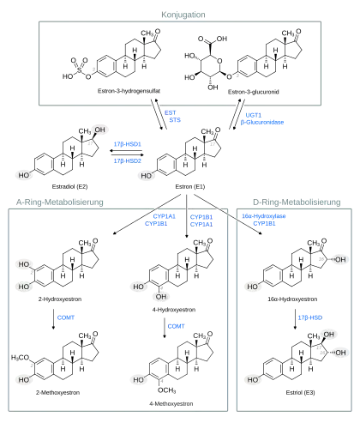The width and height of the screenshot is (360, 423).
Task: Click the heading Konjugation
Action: point(183,15)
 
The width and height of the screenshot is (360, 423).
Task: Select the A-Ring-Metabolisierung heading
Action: point(60,202)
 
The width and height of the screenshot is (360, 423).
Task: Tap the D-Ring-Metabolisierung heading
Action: point(297,202)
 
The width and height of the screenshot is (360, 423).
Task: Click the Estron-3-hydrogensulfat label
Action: point(129,91)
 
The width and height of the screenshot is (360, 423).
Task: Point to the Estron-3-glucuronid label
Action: point(254,92)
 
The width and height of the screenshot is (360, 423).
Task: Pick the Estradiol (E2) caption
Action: point(69,187)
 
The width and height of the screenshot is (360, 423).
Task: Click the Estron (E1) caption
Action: point(190,187)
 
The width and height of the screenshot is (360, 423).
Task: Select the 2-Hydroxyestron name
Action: point(60,299)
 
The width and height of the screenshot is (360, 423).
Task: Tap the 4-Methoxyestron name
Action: point(171,404)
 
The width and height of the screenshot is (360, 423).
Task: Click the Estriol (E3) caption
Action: point(300,393)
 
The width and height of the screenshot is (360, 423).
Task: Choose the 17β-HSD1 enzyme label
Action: point(128,144)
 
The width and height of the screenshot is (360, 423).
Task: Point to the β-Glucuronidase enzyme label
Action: point(262,123)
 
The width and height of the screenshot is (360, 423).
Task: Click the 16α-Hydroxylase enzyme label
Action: point(264,216)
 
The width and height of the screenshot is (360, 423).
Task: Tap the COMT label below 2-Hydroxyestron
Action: point(66,317)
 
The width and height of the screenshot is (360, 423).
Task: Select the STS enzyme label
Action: point(175,120)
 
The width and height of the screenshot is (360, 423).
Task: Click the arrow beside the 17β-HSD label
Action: point(296,319)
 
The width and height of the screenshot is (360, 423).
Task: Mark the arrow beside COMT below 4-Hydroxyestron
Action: point(165,328)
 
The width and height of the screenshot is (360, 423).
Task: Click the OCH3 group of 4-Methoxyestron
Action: point(167,390)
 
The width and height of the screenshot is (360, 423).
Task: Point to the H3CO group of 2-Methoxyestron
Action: point(20,358)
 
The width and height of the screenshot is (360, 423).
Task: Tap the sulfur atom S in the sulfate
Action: point(79,69)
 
